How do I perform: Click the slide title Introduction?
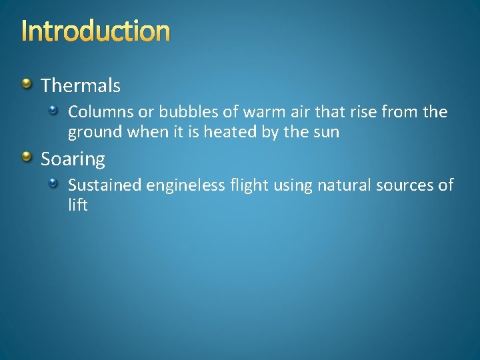point(95,31)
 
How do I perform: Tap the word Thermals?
point(81,85)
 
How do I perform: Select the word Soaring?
point(73,159)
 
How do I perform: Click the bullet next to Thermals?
point(26,84)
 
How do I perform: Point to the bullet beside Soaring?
point(26,157)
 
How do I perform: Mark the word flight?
point(250,185)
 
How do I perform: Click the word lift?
point(78,205)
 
